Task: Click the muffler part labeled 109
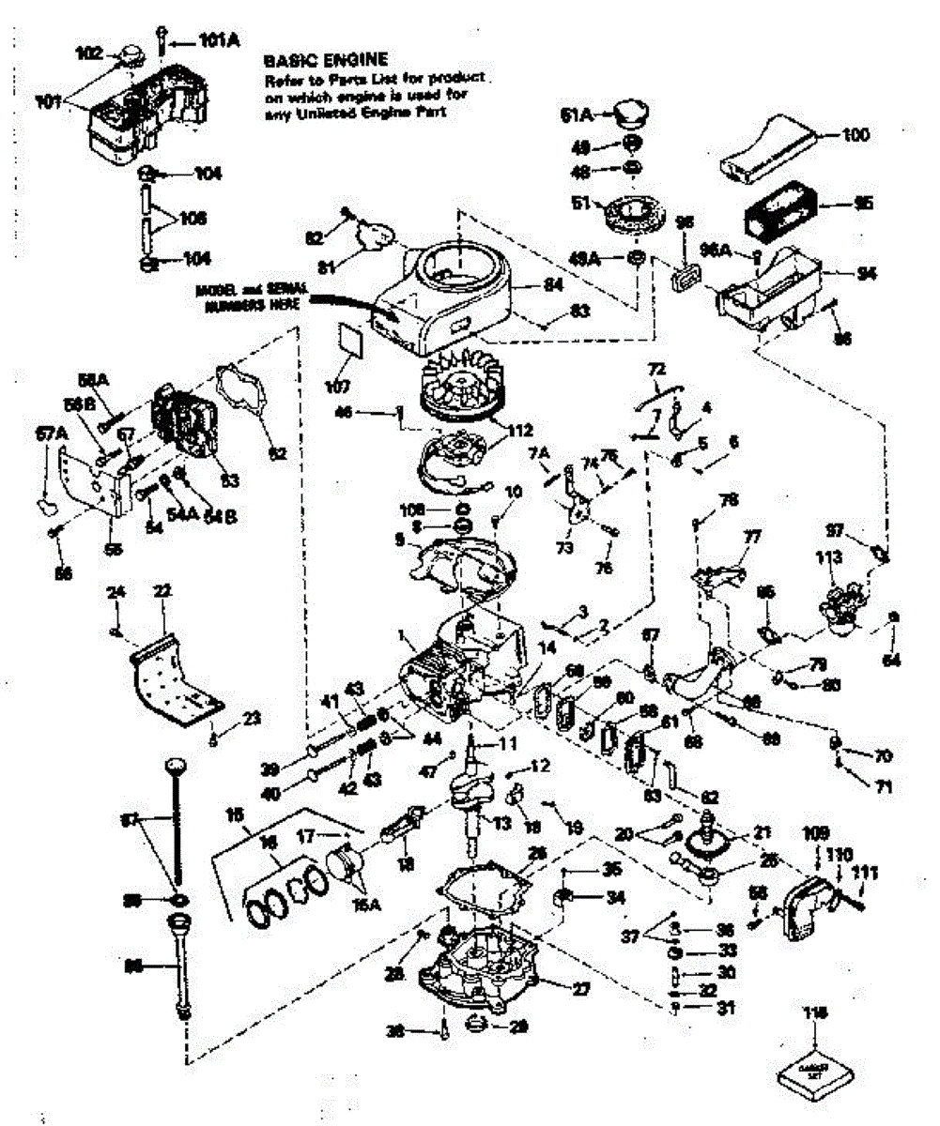[x=812, y=832]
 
